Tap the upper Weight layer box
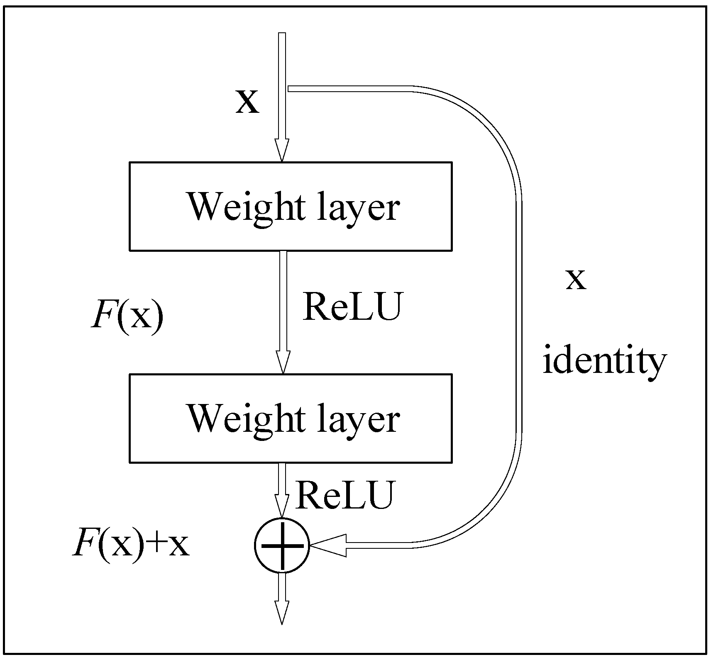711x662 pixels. coord(290,206)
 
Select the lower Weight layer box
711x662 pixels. coord(290,418)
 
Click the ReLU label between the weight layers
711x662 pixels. coord(352,308)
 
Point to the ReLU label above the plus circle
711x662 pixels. coord(344,495)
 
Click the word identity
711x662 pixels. coord(604,361)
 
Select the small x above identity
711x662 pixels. coord(576,280)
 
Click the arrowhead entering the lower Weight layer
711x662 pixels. coord(283,363)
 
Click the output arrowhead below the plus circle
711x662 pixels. coord(282,611)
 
